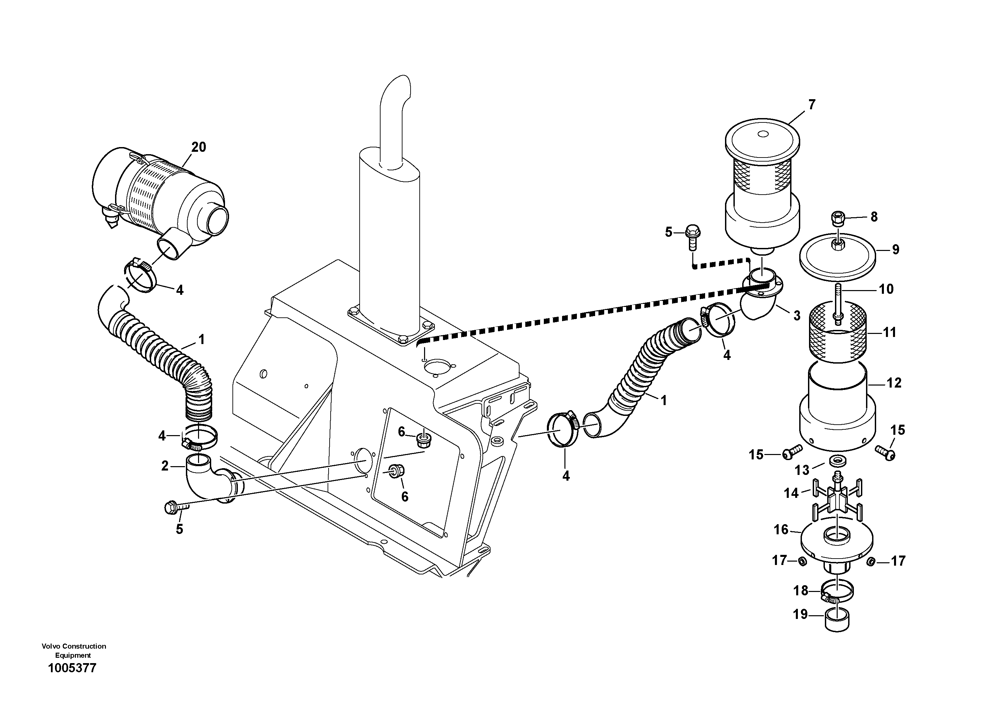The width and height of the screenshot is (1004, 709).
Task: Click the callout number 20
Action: [198, 147]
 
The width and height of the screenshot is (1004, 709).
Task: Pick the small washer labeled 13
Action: [837, 460]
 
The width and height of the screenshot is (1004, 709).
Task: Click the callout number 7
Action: [812, 105]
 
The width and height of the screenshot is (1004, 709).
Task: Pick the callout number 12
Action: [894, 383]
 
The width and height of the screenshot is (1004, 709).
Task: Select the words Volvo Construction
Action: [74, 646]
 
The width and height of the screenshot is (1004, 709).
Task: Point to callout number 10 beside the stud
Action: [886, 289]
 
